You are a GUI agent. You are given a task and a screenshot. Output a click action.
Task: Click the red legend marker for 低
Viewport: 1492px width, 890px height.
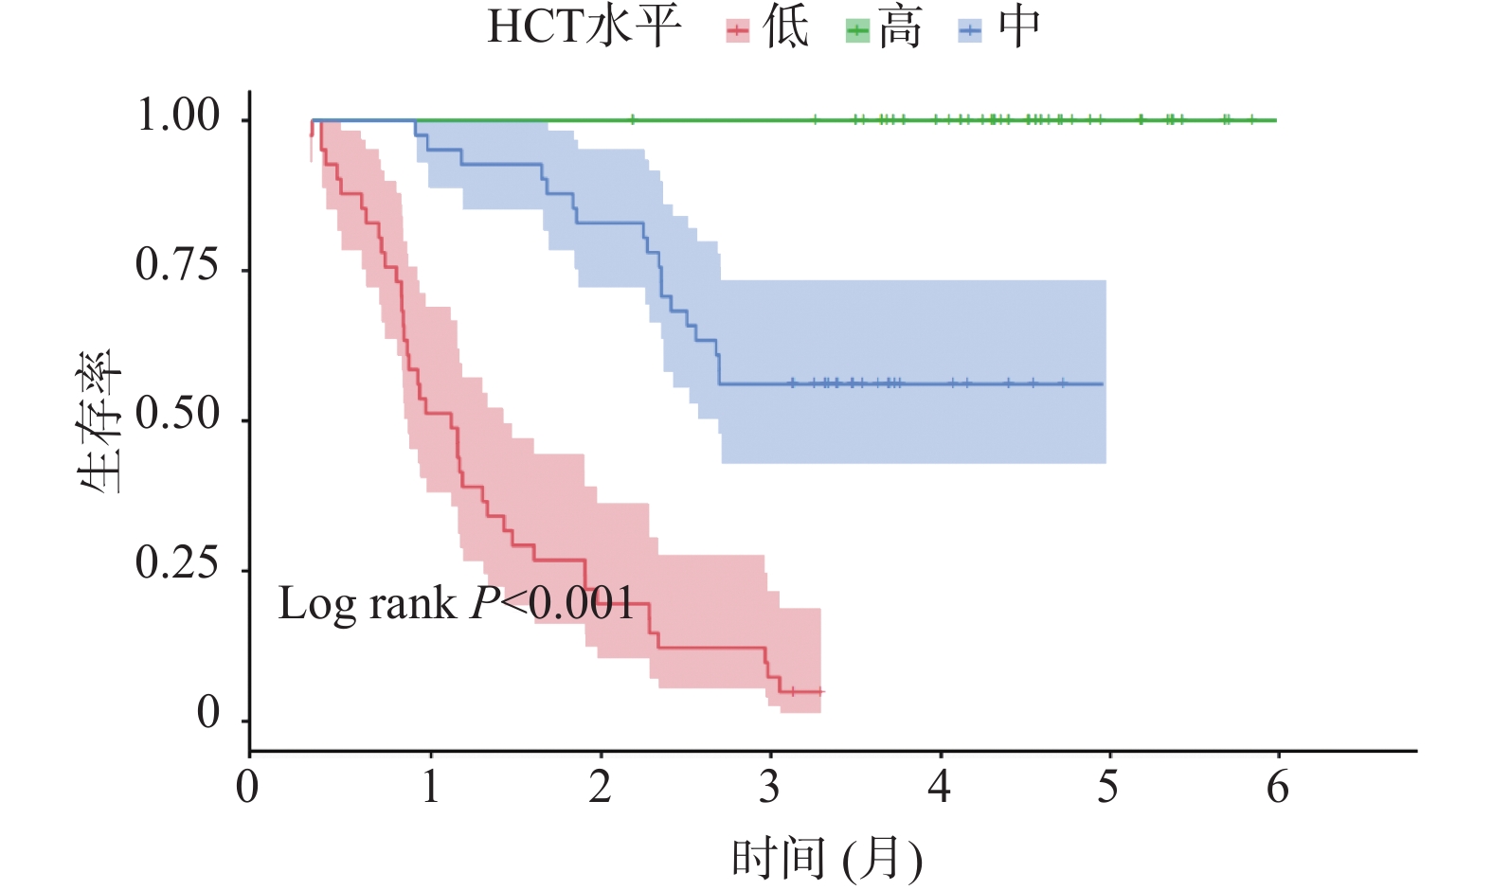pos(738,31)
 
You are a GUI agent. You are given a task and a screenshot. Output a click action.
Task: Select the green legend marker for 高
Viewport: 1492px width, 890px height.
pos(857,31)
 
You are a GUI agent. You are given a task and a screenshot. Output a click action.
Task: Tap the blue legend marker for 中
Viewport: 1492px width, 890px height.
pos(970,31)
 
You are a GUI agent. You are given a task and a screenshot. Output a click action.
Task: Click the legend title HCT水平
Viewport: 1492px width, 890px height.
pos(584,27)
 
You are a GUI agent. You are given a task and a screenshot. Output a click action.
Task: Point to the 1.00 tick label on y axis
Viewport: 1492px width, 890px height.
pos(179,116)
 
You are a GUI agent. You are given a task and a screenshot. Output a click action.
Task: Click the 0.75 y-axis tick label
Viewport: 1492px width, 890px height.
pos(177,266)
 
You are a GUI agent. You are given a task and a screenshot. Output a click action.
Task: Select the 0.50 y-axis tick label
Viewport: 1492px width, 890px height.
pos(177,416)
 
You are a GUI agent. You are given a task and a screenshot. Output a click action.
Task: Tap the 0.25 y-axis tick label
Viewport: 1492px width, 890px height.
pos(177,564)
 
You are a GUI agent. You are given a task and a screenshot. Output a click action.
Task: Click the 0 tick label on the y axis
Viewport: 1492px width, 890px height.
pos(208,714)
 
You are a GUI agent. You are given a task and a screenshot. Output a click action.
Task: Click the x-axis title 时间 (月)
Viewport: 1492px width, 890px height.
pos(827,859)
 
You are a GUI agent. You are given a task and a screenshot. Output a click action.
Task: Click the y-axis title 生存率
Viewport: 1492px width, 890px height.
pos(100,421)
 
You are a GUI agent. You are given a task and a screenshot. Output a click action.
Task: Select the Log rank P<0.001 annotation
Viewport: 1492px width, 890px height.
pos(456,604)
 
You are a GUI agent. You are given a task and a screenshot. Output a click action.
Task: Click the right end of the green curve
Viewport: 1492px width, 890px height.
pos(1275,120)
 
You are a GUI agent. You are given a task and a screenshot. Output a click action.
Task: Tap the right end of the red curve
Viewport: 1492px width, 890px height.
pos(822,692)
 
